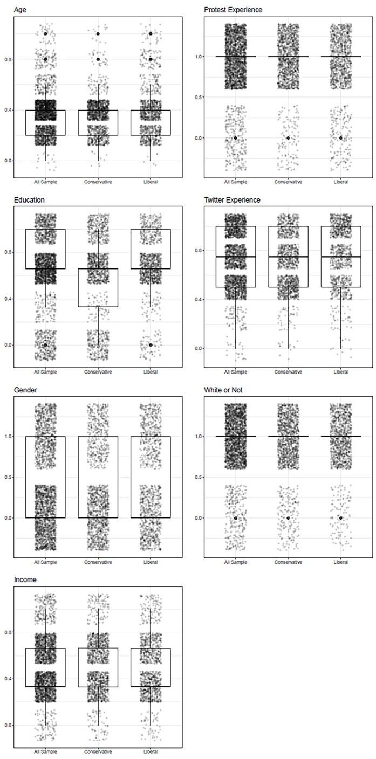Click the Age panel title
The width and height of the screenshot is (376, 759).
tap(20, 10)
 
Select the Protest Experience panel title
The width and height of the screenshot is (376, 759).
tap(233, 10)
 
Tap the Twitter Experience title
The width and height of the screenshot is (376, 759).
tap(232, 200)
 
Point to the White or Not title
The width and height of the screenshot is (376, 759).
tap(223, 390)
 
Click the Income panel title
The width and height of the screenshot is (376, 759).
tap(25, 579)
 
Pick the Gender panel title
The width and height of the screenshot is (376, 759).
tap(25, 390)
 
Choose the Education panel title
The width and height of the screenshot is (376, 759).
tap(29, 200)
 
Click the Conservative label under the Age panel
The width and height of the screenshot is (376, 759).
tap(98, 182)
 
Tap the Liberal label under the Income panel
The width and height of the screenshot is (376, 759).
tap(151, 751)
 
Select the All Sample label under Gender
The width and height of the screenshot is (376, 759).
tap(45, 562)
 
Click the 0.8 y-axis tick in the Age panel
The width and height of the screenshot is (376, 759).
tap(8, 59)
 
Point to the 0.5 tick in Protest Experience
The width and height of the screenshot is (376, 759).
tap(198, 97)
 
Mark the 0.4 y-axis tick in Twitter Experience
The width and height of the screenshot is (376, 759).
tap(198, 299)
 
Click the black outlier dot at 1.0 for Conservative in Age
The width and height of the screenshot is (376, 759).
tap(98, 33)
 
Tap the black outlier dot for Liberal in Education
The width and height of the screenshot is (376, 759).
tap(151, 345)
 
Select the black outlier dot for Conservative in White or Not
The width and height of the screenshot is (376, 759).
tap(288, 517)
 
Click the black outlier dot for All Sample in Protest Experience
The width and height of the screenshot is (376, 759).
tap(236, 138)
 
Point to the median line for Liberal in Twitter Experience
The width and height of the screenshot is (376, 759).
tap(341, 257)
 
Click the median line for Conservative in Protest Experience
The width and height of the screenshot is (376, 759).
tap(288, 57)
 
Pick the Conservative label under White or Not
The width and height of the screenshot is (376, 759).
tap(288, 562)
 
